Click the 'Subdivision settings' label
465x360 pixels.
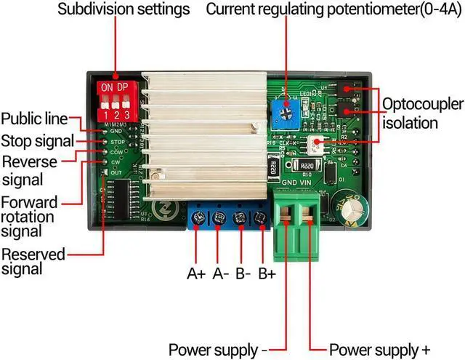(124, 10)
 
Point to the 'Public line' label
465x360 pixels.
(34, 119)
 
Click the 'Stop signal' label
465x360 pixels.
(37, 140)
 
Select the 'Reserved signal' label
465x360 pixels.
(32, 261)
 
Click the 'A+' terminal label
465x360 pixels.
(196, 274)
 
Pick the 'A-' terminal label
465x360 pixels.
(221, 274)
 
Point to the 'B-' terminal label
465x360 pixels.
(243, 274)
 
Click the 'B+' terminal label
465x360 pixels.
(267, 274)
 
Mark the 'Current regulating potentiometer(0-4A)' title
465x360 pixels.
(334, 10)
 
